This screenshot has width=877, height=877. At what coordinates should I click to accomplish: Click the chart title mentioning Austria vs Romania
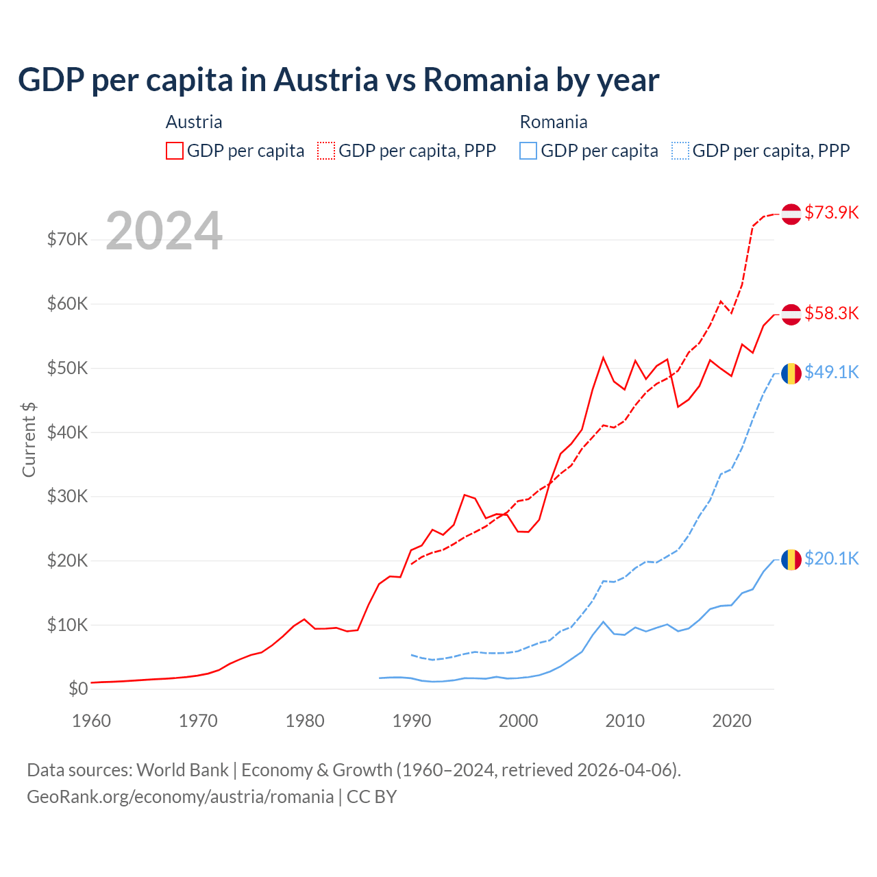click(338, 80)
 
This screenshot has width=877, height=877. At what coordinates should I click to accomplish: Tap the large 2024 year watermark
click(164, 231)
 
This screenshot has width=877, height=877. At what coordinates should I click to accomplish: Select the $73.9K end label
click(831, 212)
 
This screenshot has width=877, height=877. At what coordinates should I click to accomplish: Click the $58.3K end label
click(831, 313)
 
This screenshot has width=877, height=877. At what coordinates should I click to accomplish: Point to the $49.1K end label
click(831, 372)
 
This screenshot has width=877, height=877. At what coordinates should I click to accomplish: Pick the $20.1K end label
click(831, 558)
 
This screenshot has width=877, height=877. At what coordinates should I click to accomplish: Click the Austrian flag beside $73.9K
click(791, 214)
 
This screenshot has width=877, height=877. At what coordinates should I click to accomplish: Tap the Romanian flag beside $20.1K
click(791, 559)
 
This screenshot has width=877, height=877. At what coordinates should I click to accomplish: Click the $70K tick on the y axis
click(67, 239)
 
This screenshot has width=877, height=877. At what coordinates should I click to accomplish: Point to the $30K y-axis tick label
click(67, 496)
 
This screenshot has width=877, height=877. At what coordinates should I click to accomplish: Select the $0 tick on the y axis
click(78, 689)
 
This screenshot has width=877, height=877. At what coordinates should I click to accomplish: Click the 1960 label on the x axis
click(91, 721)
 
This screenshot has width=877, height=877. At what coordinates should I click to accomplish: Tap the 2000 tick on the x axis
click(518, 721)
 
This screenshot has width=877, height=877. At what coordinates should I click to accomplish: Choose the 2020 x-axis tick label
click(732, 721)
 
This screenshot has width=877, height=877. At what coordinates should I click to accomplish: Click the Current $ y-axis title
click(29, 439)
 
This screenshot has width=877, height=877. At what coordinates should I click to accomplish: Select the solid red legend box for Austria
click(175, 151)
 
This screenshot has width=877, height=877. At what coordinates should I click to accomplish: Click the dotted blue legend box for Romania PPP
click(680, 151)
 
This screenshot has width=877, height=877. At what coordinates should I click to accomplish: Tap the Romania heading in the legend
click(554, 122)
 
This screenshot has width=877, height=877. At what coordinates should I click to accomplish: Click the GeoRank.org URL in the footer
click(180, 797)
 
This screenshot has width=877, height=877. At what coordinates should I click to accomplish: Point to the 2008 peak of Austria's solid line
click(603, 357)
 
